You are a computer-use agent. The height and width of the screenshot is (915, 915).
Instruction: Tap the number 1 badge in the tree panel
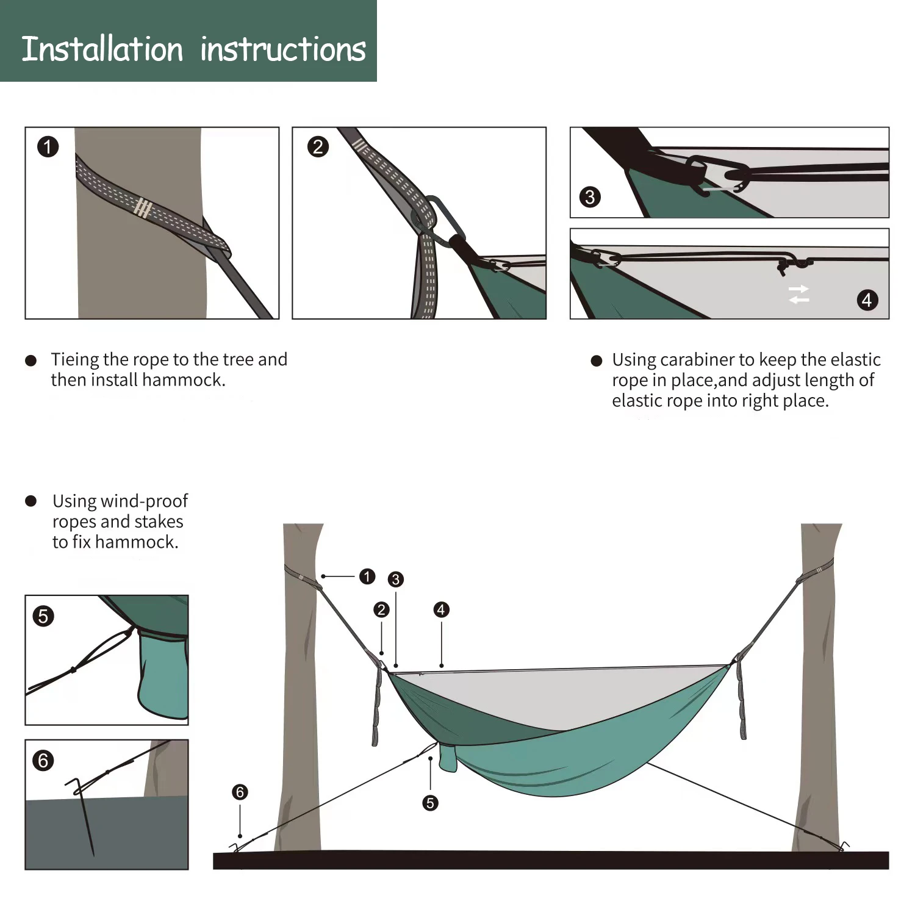pos(48,147)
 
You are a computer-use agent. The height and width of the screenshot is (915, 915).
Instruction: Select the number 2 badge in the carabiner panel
pos(318,147)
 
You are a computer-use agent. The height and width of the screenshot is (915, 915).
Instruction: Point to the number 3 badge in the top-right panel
pos(590,197)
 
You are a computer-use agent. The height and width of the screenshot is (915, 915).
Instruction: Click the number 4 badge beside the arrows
pos(867,300)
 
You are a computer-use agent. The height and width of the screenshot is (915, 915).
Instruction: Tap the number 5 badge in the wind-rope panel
pos(43,616)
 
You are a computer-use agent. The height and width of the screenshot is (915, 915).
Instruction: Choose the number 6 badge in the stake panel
pos(43,761)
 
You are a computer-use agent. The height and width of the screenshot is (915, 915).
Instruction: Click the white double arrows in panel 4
pos(798,294)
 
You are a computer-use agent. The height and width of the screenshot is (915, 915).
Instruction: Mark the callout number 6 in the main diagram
pos(240,792)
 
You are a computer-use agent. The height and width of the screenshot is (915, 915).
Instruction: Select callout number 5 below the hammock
pos(430,803)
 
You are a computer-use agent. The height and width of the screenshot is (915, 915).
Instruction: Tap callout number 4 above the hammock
pos(441,609)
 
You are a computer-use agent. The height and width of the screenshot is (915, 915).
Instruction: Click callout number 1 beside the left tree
pos(367,576)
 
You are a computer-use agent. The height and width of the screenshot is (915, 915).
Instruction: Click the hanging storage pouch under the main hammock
pos(447,757)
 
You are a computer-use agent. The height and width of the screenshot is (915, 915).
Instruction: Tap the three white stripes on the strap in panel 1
pos(143,208)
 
